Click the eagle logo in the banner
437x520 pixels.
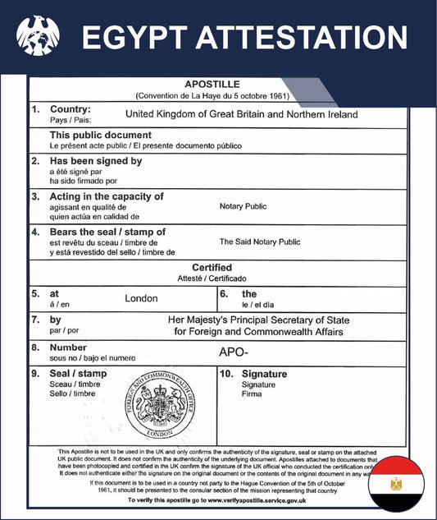(38, 37)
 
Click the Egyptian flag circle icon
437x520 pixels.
(396, 485)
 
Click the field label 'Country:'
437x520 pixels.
(71, 109)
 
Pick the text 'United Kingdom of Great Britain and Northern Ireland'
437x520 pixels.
(242, 115)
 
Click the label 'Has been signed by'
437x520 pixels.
(97, 161)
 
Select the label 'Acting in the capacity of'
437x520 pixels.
(107, 196)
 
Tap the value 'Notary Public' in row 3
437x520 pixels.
(243, 206)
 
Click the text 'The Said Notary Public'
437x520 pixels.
(260, 242)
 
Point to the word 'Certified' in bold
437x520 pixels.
(212, 268)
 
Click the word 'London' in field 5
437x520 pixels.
(141, 298)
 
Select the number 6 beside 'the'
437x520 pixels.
(224, 293)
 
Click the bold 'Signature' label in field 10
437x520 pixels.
(264, 374)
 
